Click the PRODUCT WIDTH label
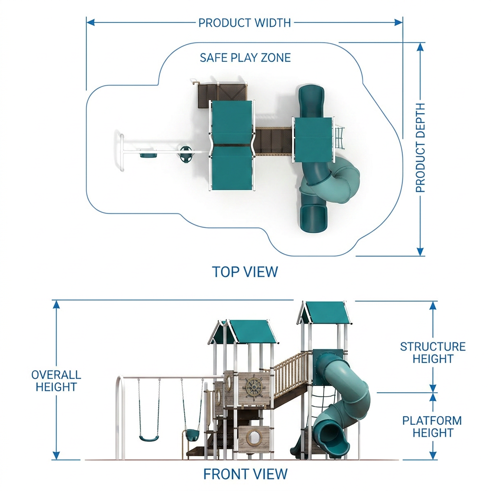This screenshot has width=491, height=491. (x=245, y=23)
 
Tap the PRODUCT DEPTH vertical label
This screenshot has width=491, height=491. (x=420, y=148)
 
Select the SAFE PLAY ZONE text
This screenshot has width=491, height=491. (x=245, y=58)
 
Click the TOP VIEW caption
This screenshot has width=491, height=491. (x=245, y=271)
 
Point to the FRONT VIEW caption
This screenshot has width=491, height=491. (x=245, y=474)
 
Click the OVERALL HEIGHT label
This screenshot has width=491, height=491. (x=56, y=381)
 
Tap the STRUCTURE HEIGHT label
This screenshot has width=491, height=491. (x=433, y=352)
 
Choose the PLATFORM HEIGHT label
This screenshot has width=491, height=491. (x=433, y=426)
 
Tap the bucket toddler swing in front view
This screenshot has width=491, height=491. (x=191, y=434)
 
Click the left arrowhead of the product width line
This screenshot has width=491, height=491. (x=91, y=22)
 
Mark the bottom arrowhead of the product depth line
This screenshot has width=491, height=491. (x=420, y=251)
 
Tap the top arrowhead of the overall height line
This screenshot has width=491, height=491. (x=56, y=304)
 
